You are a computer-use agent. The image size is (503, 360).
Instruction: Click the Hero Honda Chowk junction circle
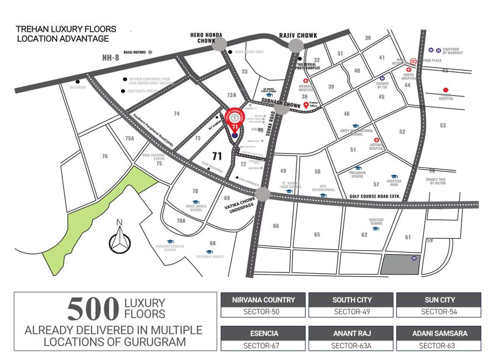pos(220,45)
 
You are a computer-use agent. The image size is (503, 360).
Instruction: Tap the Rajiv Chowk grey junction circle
pos(296,45)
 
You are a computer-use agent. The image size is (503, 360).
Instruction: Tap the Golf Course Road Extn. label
pos(375,196)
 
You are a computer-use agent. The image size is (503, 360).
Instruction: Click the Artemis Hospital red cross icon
pos(376,140)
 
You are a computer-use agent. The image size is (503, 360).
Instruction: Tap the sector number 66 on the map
pos(276,226)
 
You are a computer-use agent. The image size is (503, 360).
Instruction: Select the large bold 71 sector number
pos(217,156)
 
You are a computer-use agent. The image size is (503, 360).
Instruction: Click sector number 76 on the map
pos(105,156)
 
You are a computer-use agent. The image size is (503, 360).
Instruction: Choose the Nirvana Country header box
pos(263,300)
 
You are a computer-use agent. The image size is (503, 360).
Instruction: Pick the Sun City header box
pos(439,300)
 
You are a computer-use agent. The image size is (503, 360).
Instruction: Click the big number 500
pos(93,309)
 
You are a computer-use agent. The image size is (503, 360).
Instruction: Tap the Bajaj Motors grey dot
pos(150,52)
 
